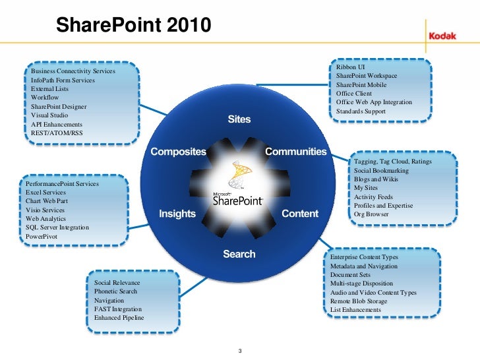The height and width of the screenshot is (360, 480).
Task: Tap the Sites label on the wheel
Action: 239,120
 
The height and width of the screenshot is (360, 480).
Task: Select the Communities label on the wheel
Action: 295,152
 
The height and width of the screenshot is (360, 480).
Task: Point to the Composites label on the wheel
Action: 179,152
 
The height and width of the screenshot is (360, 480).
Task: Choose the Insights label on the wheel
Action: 177,214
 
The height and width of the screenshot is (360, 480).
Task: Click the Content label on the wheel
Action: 300,214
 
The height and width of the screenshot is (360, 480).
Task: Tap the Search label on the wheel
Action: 239,254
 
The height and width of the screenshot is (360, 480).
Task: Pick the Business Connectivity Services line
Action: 73,71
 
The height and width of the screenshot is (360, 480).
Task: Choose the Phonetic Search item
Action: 115,291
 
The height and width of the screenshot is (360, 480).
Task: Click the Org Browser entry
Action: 371,214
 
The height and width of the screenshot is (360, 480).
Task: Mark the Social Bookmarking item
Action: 381,171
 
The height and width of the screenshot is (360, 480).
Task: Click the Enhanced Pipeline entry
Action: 119,318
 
